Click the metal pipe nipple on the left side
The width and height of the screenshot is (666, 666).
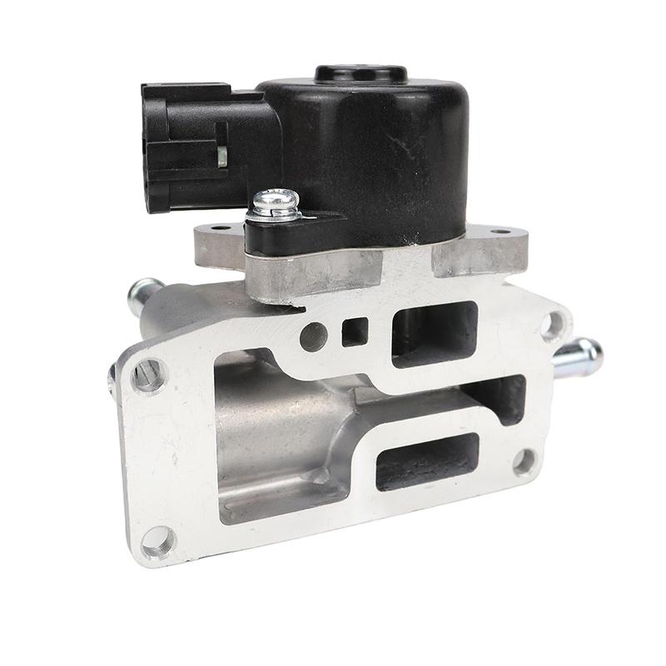(142, 294)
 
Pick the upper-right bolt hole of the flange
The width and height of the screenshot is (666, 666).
(552, 326)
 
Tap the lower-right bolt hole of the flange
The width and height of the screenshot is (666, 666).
(524, 460)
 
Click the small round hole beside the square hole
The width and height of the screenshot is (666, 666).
(314, 335)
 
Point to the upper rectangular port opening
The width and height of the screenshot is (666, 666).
(434, 333)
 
